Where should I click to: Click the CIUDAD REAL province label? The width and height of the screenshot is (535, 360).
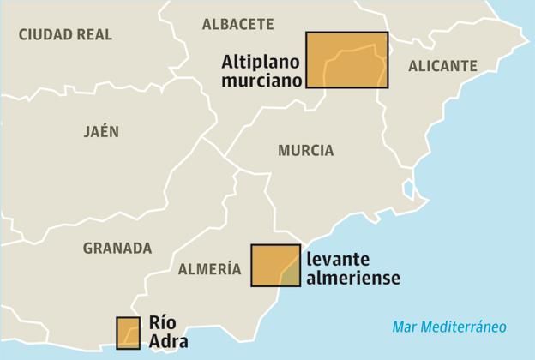coord(65,34)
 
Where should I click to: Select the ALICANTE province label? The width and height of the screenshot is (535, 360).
coord(442,65)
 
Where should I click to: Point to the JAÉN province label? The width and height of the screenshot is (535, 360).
coord(101,131)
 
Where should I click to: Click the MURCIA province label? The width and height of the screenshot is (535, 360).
coord(305,150)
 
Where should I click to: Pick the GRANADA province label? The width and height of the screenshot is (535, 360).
coord(117,248)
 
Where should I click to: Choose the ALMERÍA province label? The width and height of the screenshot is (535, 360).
coord(209,269)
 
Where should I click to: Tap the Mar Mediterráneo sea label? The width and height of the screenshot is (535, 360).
coord(449,327)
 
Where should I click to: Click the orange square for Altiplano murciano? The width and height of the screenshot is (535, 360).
coord(347,60)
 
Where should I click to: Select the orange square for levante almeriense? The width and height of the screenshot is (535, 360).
coord(275,265)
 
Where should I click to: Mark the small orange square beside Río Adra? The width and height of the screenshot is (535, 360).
coord(128,333)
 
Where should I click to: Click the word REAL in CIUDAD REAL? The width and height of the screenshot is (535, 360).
coord(93,34)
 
